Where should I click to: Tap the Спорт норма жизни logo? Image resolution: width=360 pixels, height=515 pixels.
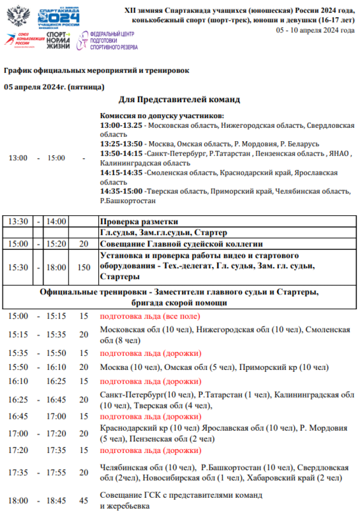(58, 41)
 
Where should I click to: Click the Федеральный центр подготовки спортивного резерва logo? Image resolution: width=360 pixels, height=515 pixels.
(108, 41)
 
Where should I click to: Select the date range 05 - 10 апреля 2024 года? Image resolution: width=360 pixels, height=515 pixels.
(315, 30)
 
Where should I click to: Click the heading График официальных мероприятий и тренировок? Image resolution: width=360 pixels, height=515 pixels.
(96, 70)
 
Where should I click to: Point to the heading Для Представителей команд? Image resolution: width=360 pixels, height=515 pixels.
(179, 99)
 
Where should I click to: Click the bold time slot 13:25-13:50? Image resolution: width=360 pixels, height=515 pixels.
(121, 144)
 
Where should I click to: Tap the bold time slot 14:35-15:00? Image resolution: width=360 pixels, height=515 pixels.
(121, 191)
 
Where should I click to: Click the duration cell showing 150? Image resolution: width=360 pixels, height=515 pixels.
(84, 268)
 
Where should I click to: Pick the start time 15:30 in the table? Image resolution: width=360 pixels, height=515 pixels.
(18, 268)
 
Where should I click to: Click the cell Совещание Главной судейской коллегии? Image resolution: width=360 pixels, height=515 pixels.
(181, 244)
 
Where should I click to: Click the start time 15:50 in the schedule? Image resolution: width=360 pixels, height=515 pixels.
(18, 368)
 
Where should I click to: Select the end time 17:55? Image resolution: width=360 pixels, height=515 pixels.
(56, 473)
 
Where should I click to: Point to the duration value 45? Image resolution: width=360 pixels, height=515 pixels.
(84, 500)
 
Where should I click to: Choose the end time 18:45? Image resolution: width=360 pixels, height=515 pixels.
(56, 500)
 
